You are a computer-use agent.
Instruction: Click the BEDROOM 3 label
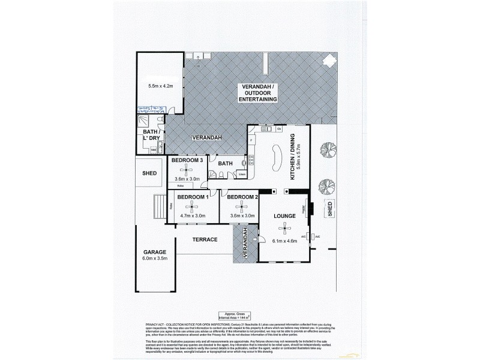click(x=187, y=160)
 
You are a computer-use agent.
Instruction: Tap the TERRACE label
click(x=205, y=239)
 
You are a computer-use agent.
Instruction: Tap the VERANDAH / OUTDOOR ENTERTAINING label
click(x=259, y=93)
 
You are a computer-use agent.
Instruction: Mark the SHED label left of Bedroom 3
click(x=149, y=173)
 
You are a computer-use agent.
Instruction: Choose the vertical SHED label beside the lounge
click(x=329, y=209)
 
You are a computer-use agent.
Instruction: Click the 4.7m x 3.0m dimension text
click(x=192, y=216)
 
